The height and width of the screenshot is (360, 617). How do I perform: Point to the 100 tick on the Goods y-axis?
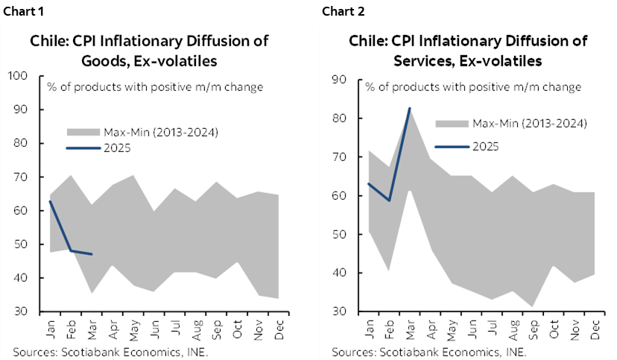point(18,76)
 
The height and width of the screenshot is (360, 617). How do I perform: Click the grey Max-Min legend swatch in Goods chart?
point(83,133)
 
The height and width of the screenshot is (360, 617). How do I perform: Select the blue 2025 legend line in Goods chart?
point(83,148)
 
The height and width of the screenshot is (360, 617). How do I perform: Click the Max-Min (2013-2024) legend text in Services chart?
point(530,123)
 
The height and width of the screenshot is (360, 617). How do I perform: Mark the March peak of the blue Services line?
point(409,108)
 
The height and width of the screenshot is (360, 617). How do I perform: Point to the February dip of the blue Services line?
point(388,200)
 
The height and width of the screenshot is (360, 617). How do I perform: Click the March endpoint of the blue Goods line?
point(92,254)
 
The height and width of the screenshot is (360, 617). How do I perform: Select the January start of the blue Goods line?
point(50,201)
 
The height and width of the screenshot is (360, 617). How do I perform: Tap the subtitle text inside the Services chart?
point(472,87)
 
